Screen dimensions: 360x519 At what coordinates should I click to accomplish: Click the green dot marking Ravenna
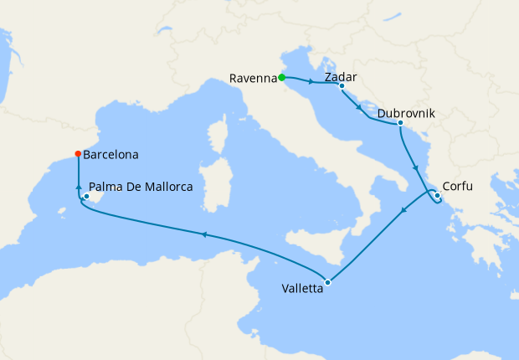[282, 78]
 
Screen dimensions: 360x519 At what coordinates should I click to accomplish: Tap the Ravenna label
[253, 79]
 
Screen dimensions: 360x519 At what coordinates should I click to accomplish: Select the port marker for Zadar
[342, 85]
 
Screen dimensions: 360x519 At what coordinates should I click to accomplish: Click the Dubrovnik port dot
[400, 124]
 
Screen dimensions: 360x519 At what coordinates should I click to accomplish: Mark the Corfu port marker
[437, 196]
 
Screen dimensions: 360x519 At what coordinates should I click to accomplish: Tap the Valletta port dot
[328, 282]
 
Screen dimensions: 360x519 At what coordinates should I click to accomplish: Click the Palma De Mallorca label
[141, 187]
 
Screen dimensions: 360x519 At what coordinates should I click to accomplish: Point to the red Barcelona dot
[78, 154]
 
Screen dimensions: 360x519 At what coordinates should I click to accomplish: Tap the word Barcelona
[110, 155]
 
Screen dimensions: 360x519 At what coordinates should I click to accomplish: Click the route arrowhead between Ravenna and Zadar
[311, 82]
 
